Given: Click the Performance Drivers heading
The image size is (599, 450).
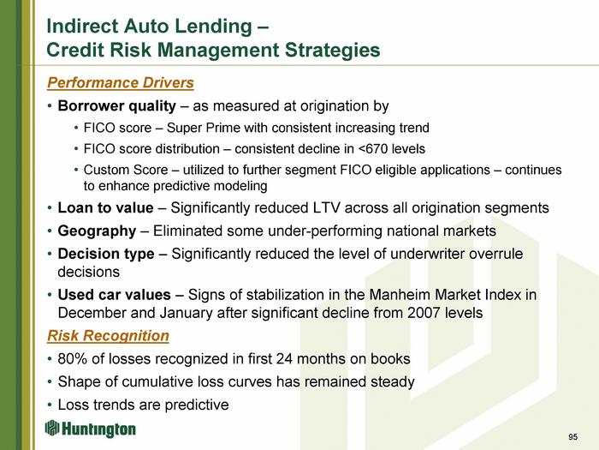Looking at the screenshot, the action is [121, 82].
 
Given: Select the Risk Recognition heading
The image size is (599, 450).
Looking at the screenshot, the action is [108, 336].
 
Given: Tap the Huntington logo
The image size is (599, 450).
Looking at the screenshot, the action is [90, 429].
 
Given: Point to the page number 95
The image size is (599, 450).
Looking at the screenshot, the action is [572, 437].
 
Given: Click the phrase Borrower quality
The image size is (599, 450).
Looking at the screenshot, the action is [117, 106].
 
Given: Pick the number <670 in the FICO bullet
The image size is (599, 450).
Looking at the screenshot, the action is [372, 148].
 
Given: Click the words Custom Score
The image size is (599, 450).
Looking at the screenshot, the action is [126, 170].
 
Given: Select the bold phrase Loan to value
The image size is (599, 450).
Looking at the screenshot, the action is [105, 207].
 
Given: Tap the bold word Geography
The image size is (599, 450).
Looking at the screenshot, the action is [97, 231].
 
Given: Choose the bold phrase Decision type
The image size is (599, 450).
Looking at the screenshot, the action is [106, 254].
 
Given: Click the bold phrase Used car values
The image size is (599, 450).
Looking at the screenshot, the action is [114, 295].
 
